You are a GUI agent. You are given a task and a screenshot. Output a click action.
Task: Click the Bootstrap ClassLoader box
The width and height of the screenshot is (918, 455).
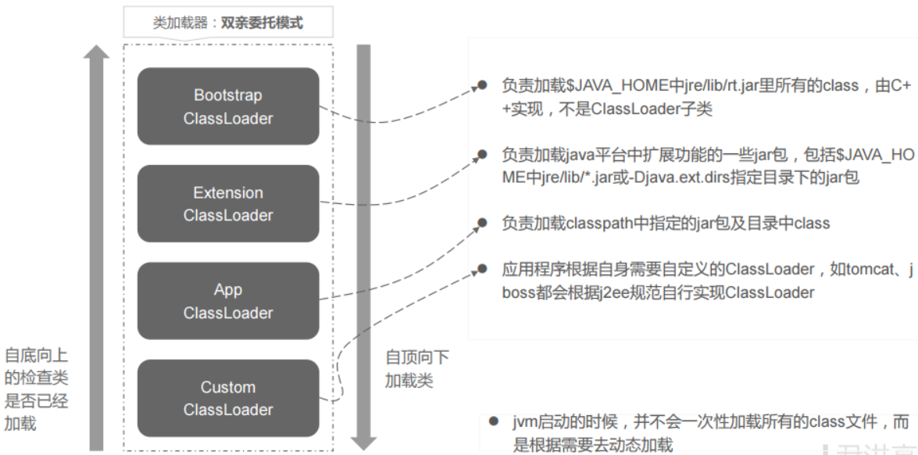point(228,106)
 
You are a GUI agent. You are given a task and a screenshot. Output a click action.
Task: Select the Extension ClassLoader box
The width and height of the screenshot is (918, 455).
point(228,203)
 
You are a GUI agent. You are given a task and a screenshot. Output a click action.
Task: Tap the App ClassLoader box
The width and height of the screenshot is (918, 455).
point(228,301)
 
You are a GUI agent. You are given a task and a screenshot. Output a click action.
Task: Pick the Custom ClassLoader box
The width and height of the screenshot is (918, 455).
point(228,398)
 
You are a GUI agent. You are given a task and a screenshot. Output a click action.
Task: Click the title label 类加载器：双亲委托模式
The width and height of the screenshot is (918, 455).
point(228,23)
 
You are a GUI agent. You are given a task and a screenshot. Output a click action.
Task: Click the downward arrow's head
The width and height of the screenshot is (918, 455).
point(363,442)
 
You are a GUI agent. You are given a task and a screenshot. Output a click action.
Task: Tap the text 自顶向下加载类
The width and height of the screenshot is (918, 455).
point(417,369)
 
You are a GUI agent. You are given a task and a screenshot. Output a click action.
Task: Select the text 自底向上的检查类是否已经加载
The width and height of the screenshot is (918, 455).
point(37,389)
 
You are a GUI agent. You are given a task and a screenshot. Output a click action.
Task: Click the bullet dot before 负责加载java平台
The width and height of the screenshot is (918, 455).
point(483,154)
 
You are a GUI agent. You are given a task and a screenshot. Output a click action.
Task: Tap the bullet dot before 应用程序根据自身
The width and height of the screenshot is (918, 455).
point(483,268)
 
